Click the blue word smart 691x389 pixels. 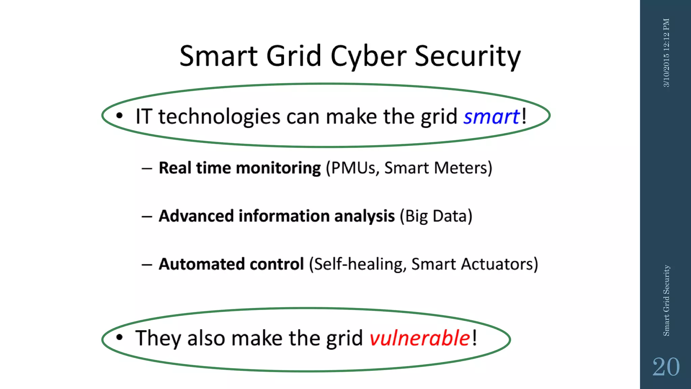click(491, 117)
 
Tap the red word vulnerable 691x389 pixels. click(420, 338)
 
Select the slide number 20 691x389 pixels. click(666, 367)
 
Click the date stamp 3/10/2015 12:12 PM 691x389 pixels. click(666, 53)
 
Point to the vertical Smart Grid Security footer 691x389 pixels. click(666, 301)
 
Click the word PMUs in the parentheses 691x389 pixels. click(353, 168)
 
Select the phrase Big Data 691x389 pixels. click(436, 216)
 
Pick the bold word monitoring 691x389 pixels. click(278, 168)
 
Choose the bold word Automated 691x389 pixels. click(201, 264)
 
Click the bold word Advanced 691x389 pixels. click(196, 216)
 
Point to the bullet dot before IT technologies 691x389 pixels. click(119, 116)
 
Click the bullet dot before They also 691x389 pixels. click(119, 337)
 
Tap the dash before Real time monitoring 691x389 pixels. click(147, 168)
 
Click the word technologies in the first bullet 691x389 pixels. click(219, 117)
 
